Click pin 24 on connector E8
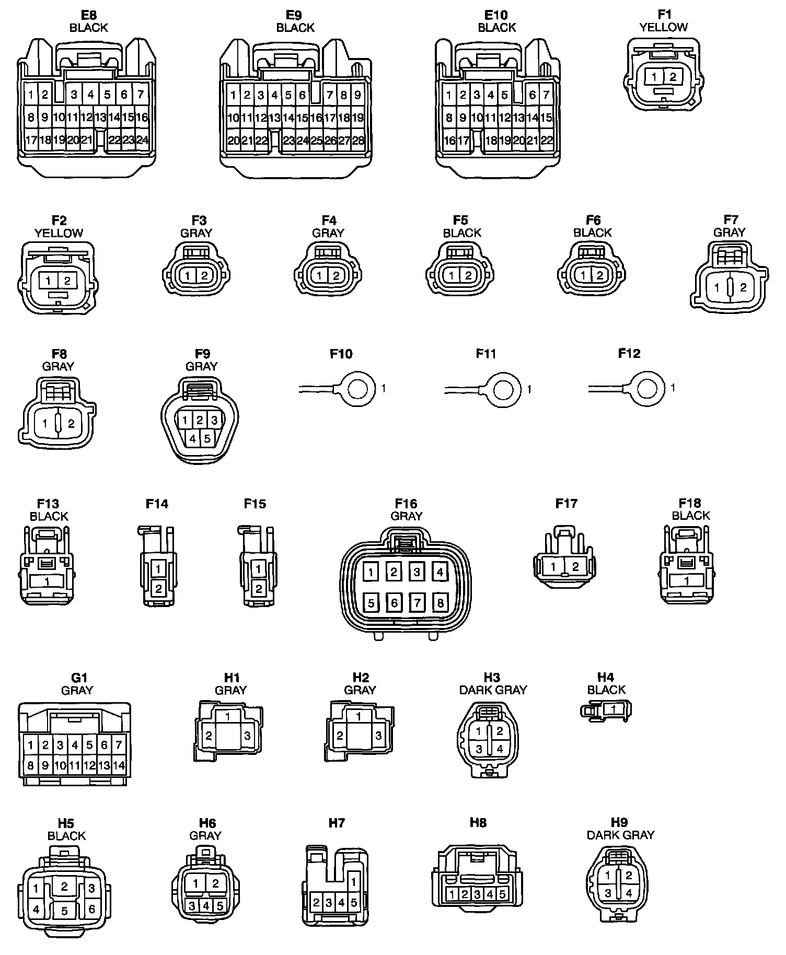click(142, 140)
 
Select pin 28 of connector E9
click(358, 140)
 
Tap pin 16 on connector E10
click(449, 140)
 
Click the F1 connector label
click(664, 15)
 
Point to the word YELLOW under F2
click(59, 233)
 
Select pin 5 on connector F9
click(207, 439)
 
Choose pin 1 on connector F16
click(371, 572)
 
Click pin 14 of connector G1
click(119, 766)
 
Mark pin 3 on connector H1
click(247, 736)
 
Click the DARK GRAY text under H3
click(493, 690)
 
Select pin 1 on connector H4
click(614, 709)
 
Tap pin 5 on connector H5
click(64, 912)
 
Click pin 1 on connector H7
click(354, 882)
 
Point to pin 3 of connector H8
click(477, 894)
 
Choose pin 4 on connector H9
click(629, 893)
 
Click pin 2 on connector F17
click(575, 566)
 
